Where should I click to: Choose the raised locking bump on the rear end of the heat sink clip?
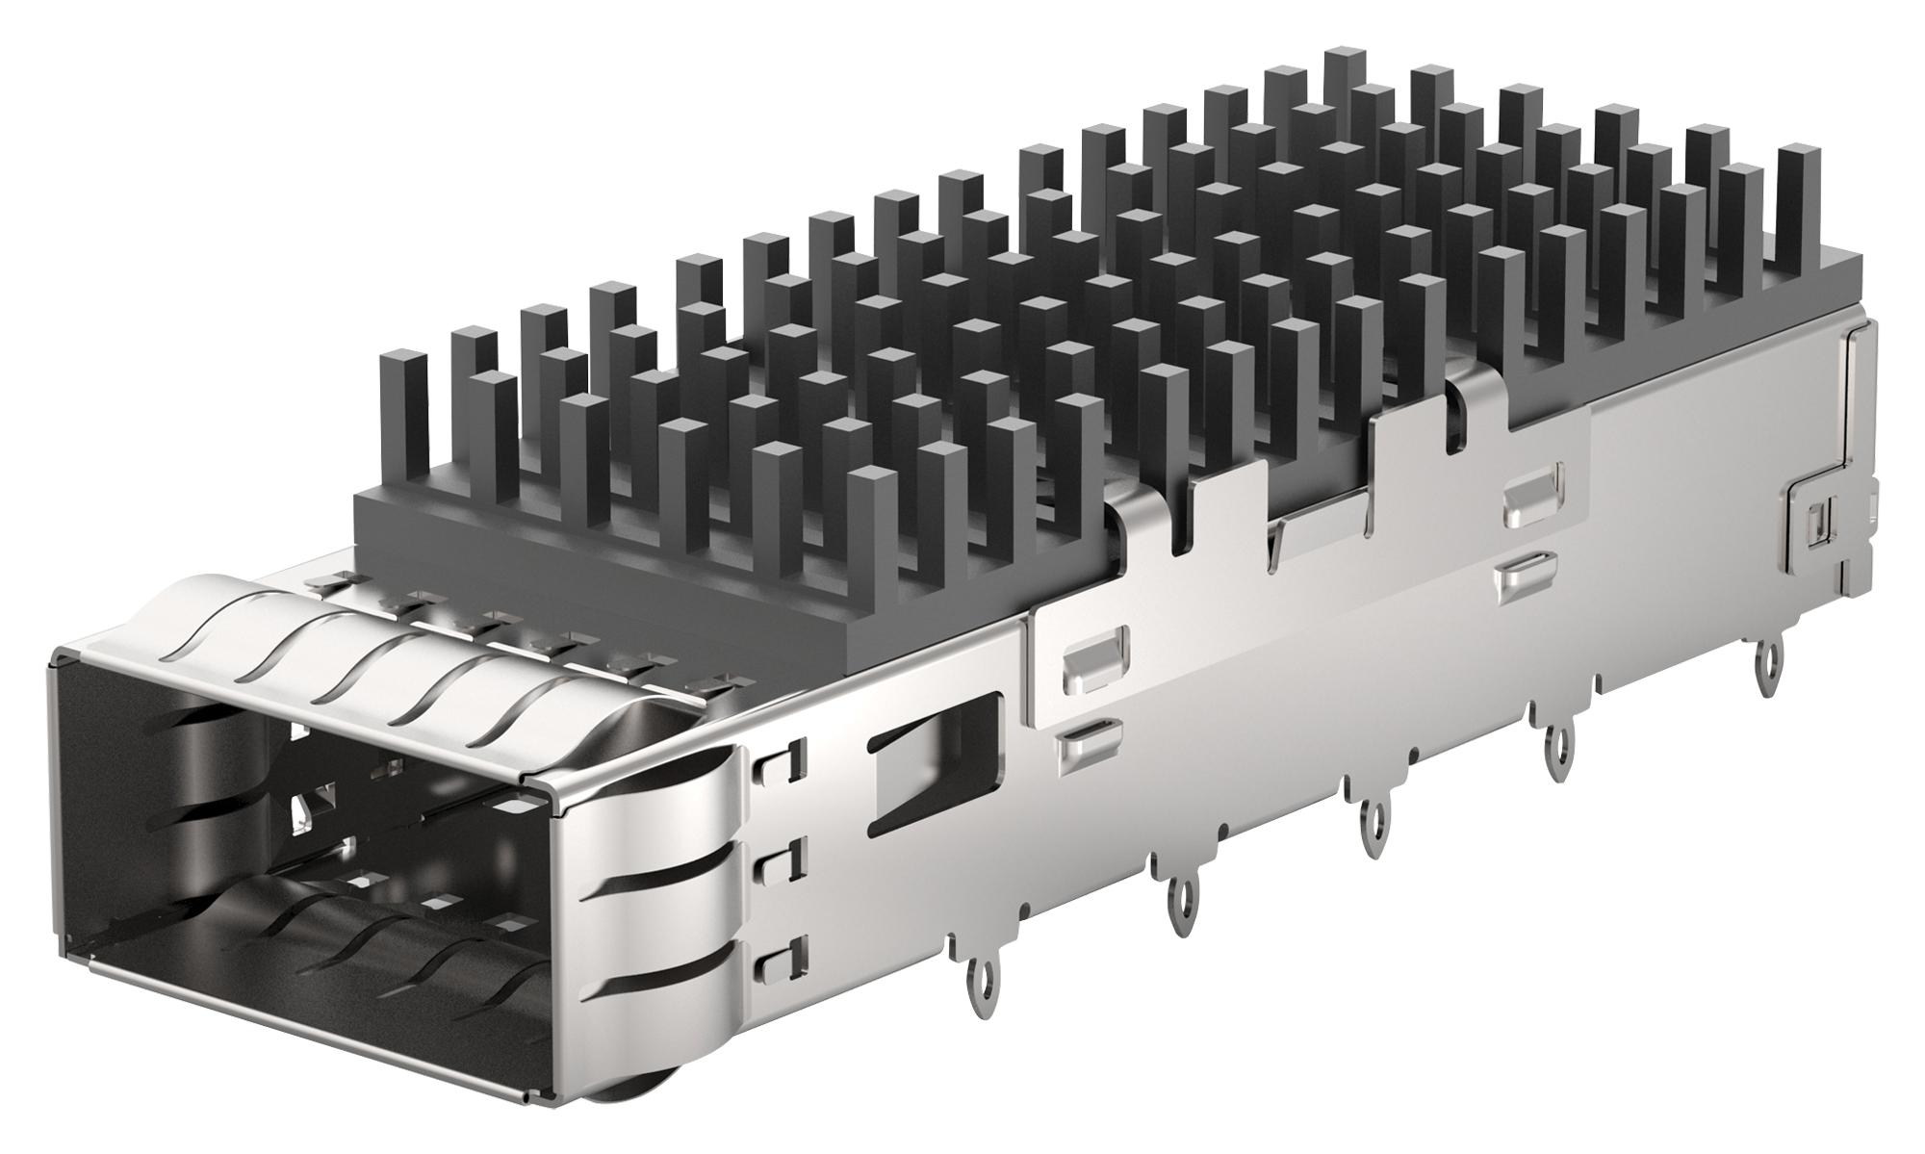(1531, 492)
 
